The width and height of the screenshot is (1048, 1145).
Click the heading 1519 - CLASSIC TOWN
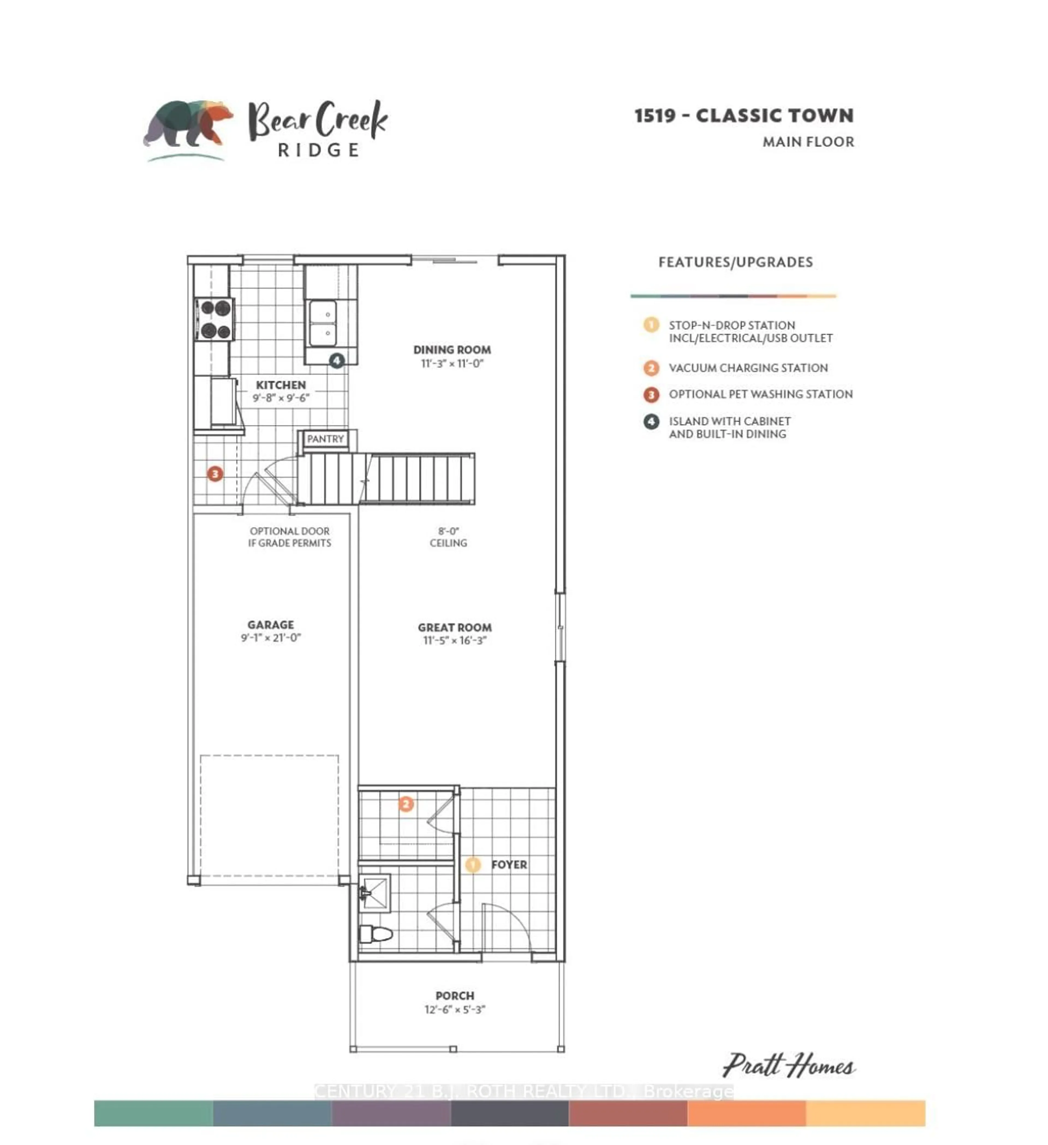[x=743, y=116]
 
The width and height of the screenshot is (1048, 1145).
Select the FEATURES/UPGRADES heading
[x=736, y=262]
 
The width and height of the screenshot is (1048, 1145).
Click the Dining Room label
[x=452, y=350]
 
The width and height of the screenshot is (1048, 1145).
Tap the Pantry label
[x=325, y=439]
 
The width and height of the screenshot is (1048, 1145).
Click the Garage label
[x=270, y=625]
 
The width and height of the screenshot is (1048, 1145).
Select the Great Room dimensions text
[x=455, y=641]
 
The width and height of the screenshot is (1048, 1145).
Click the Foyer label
[x=509, y=864]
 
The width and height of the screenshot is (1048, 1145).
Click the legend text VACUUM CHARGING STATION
[x=748, y=368]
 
